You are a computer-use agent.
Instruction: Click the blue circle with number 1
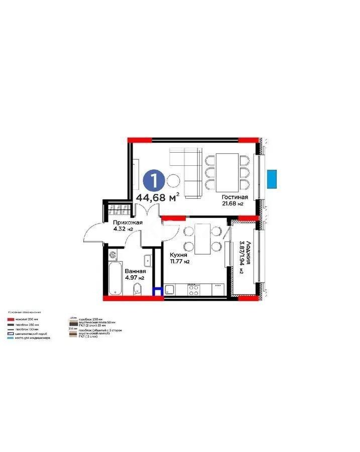pyautogui.click(x=153, y=179)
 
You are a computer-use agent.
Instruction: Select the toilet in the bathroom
pyautogui.click(x=137, y=290)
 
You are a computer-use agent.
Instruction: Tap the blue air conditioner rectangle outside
pyautogui.click(x=272, y=178)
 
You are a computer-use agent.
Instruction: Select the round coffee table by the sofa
pyautogui.click(x=173, y=179)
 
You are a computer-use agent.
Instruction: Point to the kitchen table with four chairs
pyautogui.click(x=202, y=238)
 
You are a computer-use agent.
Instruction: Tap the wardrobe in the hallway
pyautogui.click(x=119, y=207)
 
